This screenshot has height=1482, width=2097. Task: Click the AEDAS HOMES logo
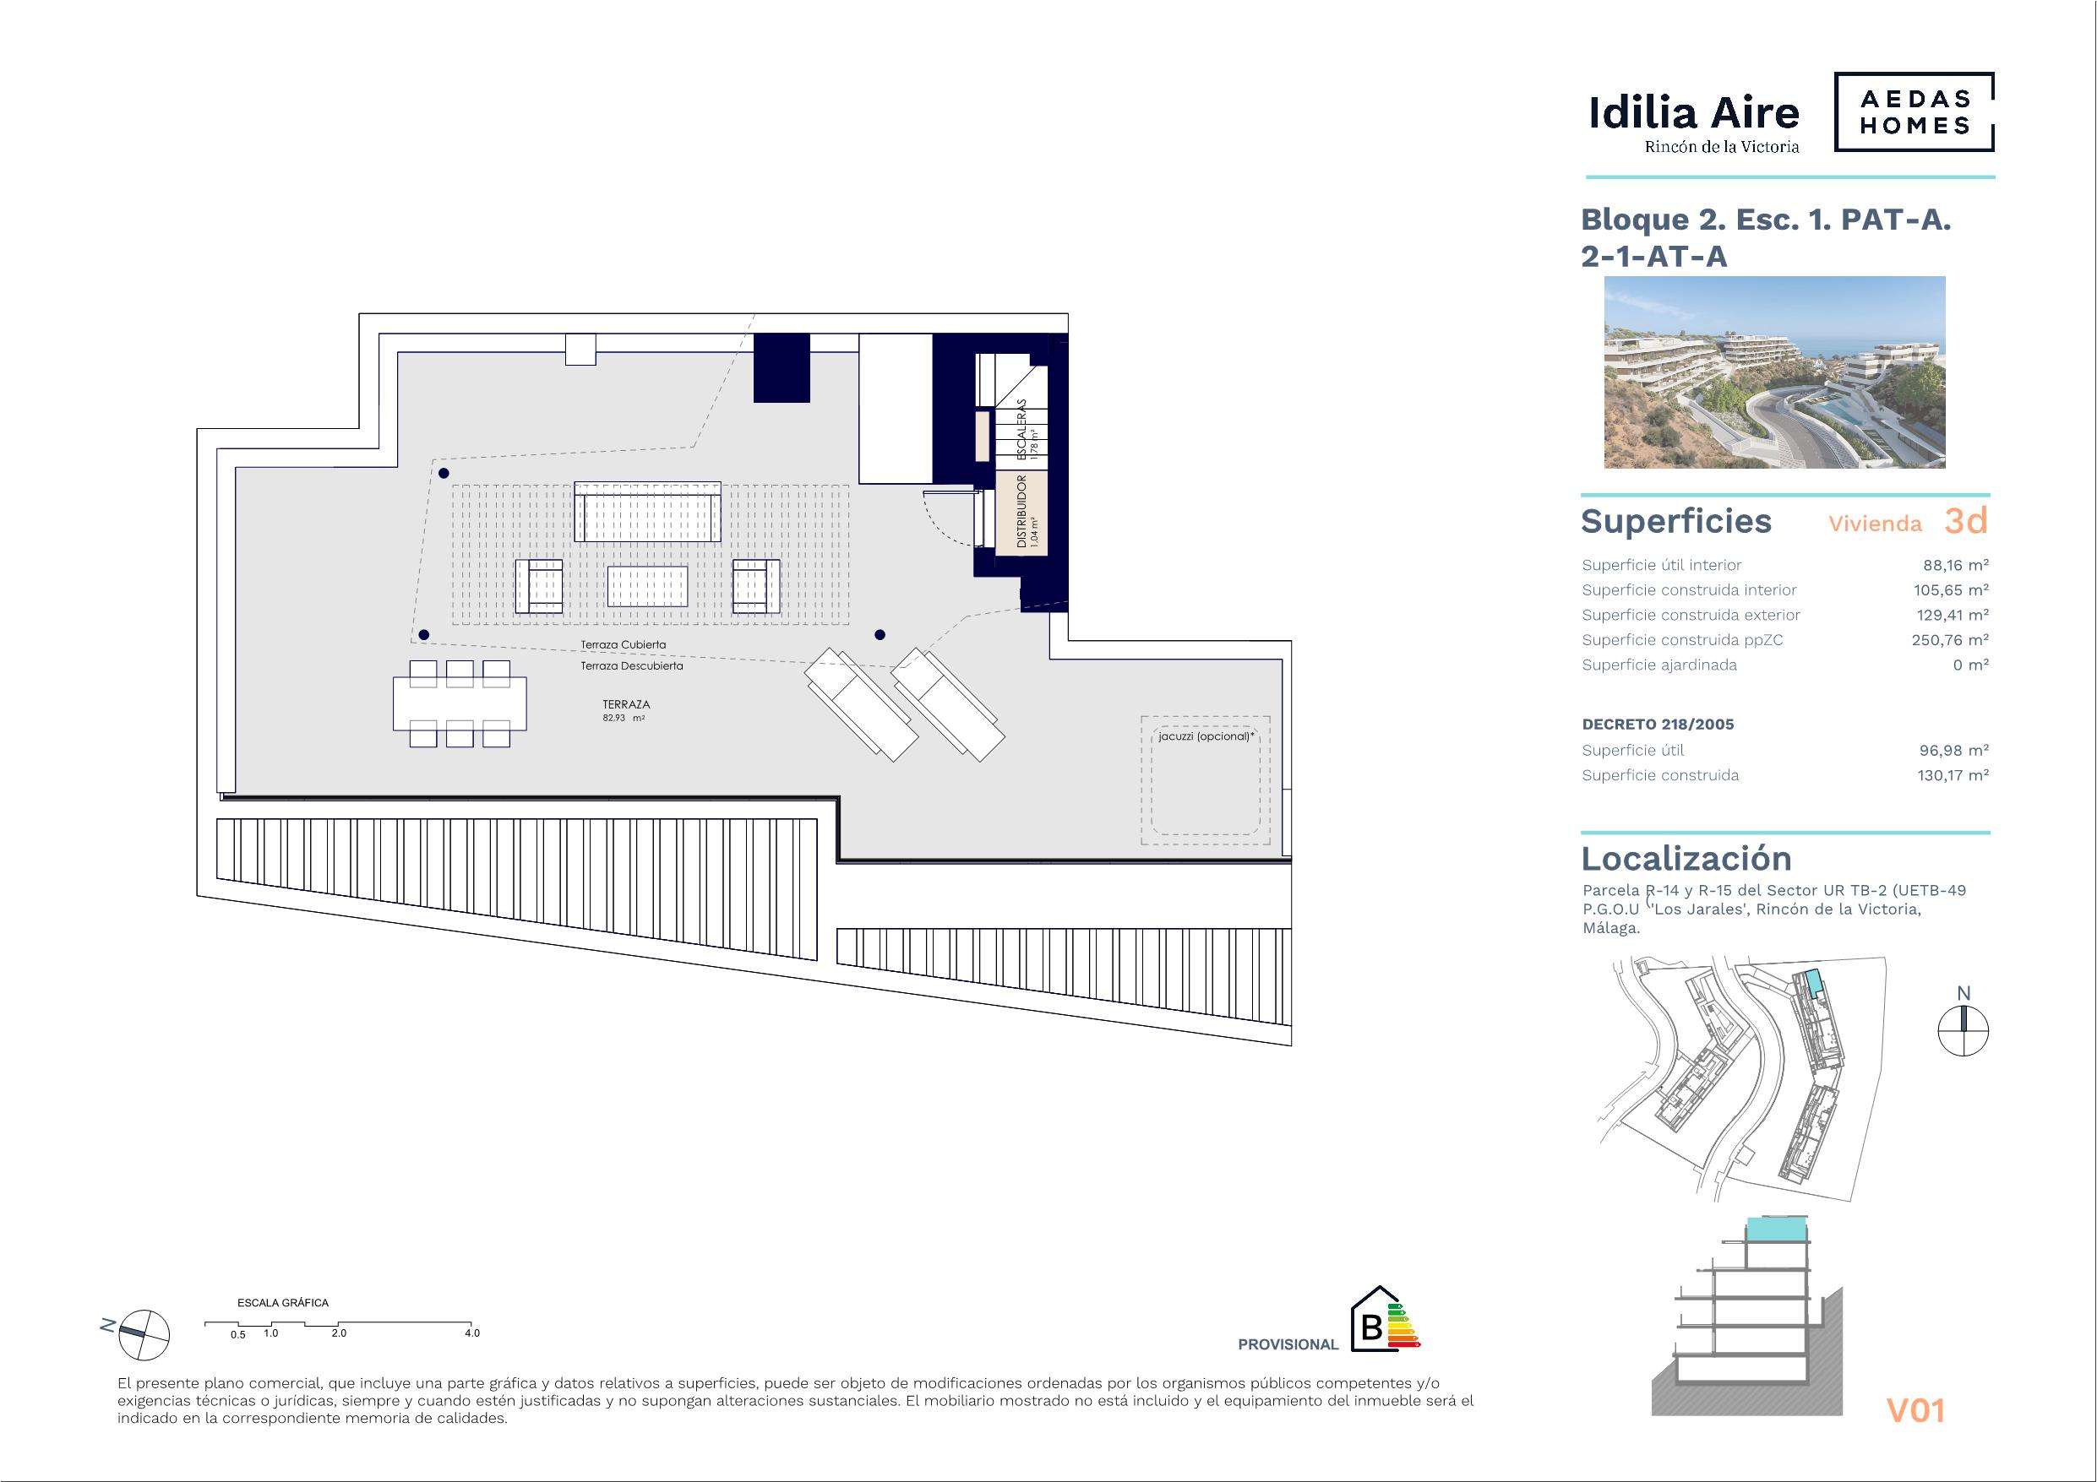coord(1914,112)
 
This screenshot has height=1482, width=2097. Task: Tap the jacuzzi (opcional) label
coord(1202,736)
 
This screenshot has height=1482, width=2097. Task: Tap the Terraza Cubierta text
coord(624,644)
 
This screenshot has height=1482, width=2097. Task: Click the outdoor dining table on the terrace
coord(460,703)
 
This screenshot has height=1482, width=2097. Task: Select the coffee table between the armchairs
coord(647,585)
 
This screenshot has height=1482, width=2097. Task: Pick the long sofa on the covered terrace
coord(647,513)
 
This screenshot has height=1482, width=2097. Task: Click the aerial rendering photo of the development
coord(1774,372)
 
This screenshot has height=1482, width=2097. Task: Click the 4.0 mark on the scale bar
coord(471,1333)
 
